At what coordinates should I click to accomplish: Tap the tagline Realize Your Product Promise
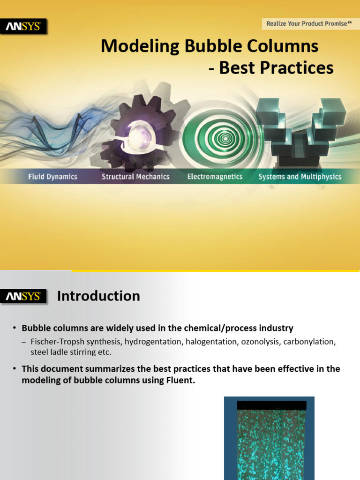tap(309, 23)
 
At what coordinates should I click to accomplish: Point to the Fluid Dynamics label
tap(52, 177)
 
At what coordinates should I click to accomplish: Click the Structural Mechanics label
tap(135, 177)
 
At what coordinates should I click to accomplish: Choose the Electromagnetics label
tap(215, 177)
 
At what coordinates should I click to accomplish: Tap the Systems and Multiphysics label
tap(300, 177)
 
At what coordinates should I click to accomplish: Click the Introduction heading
tap(98, 296)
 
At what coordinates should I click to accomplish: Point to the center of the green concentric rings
tap(225, 138)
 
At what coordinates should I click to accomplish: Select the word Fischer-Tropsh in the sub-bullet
tap(54, 342)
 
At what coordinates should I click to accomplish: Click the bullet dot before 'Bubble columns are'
tap(15, 328)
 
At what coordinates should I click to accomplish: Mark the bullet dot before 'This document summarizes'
tap(15, 369)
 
